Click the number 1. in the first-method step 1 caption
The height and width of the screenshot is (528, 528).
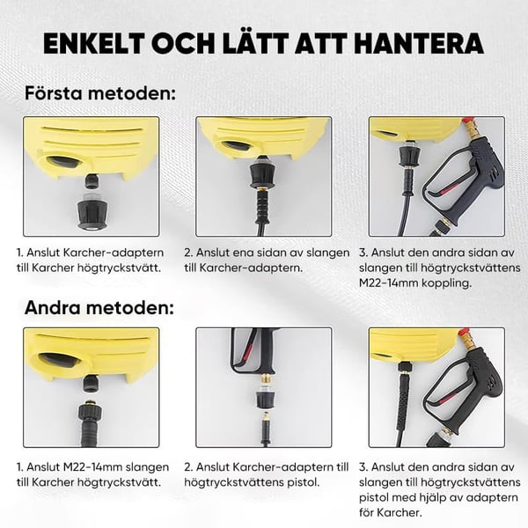click(20, 251)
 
